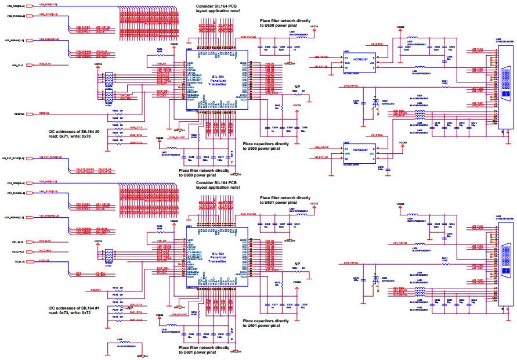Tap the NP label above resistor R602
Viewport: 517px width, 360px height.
coord(297,87)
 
